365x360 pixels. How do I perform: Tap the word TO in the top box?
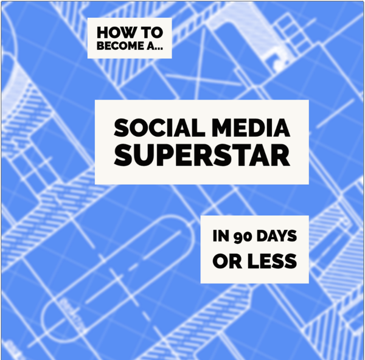pyautogui.click(x=153, y=33)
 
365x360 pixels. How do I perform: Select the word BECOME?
pyautogui.click(x=120, y=46)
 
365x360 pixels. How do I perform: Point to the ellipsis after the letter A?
pyautogui.click(x=159, y=49)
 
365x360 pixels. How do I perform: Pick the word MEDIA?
pyautogui.click(x=251, y=128)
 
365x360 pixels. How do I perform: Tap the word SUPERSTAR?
pyautogui.click(x=202, y=156)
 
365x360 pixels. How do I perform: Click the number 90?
pyautogui.click(x=243, y=237)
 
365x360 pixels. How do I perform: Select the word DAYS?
pyautogui.click(x=277, y=236)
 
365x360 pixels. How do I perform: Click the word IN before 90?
pyautogui.click(x=221, y=236)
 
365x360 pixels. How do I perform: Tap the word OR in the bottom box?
pyautogui.click(x=227, y=261)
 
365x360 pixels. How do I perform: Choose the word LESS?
pyautogui.click(x=272, y=261)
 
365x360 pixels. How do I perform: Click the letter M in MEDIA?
pyautogui.click(x=223, y=128)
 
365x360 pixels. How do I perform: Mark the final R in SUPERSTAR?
pyautogui.click(x=281, y=156)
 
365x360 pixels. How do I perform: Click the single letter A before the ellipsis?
pyautogui.click(x=151, y=46)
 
